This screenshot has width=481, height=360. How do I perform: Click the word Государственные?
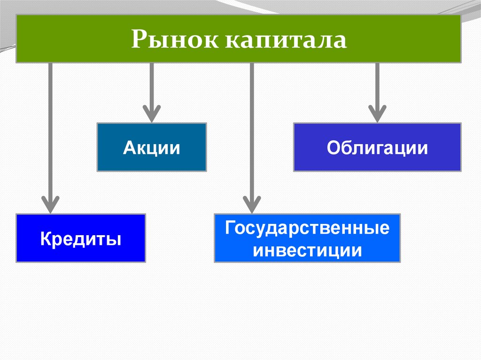pyautogui.click(x=307, y=229)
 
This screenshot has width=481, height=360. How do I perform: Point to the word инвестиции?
pyautogui.click(x=307, y=250)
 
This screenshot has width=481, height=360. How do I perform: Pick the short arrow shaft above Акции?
pyautogui.click(x=152, y=84)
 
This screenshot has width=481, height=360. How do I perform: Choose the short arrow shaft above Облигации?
pyautogui.click(x=377, y=84)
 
